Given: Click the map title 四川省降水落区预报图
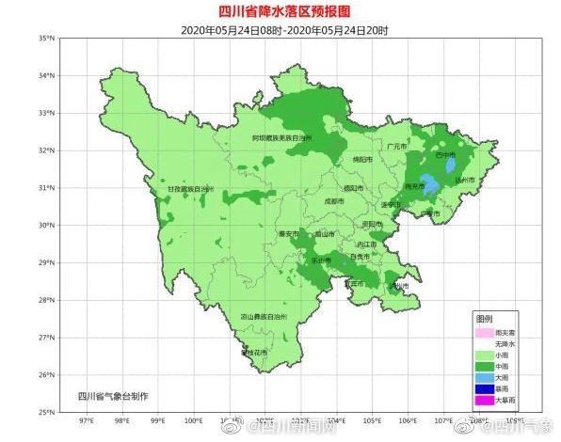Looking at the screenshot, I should tap(281, 10).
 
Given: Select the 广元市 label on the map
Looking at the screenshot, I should tap(396, 147).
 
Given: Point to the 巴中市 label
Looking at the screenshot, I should tap(445, 154).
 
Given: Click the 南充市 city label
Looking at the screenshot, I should tap(413, 187).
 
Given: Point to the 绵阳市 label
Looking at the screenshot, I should tap(362, 160).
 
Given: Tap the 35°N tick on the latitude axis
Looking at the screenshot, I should tap(43, 39).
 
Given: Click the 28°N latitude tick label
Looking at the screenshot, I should tap(43, 300).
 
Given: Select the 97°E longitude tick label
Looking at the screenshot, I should tap(86, 420).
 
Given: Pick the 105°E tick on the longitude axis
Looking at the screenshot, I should tap(372, 420).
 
